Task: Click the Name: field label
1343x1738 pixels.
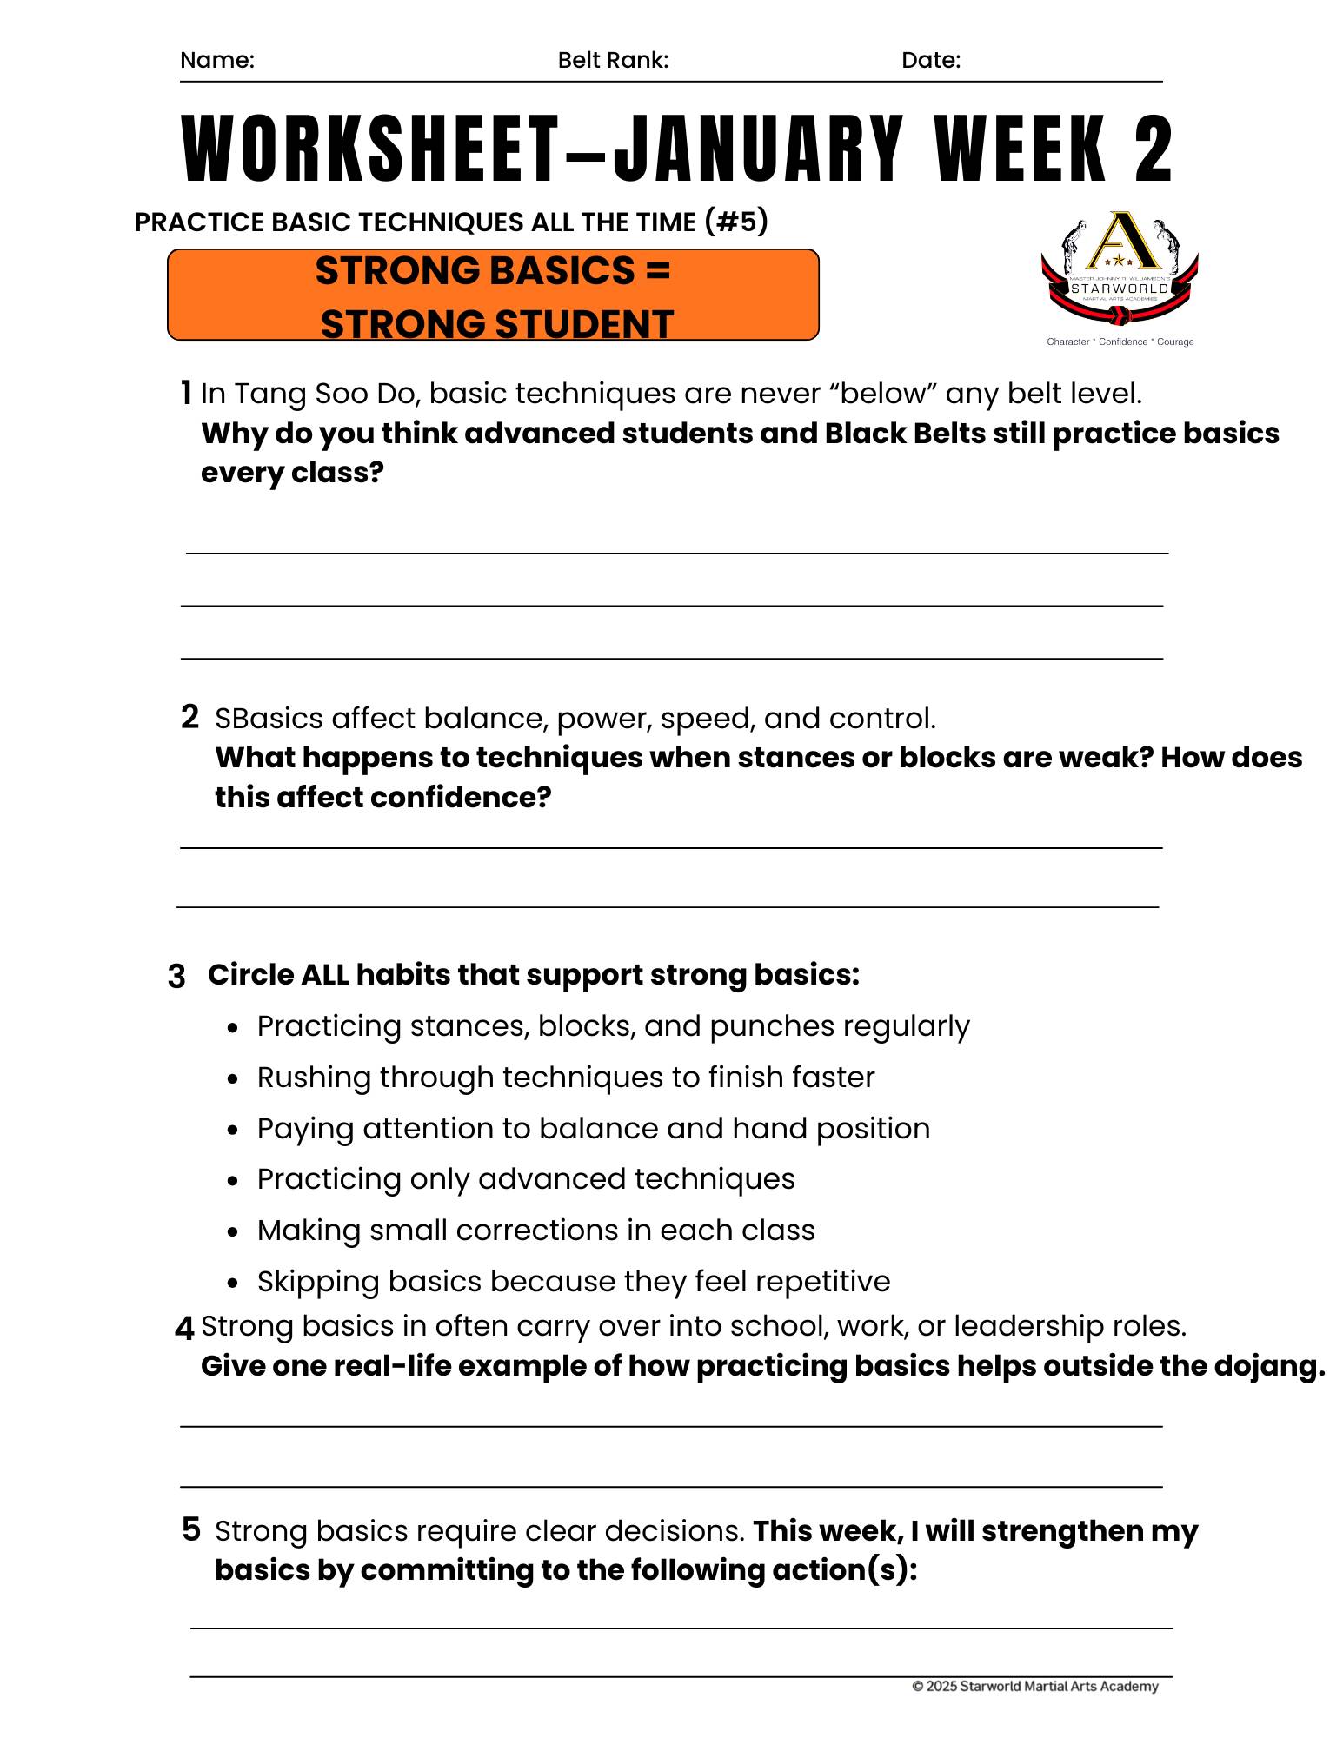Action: coord(216,60)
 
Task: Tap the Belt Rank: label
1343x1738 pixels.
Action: coord(613,60)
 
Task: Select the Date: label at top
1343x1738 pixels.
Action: coord(930,60)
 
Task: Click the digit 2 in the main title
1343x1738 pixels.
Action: coord(1153,149)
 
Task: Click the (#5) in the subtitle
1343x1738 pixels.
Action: coord(736,222)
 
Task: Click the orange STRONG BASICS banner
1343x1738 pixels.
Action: coord(493,295)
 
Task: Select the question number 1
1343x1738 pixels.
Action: coord(185,393)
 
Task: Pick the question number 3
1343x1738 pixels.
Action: coord(176,977)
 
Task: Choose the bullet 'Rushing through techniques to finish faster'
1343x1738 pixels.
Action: coord(565,1078)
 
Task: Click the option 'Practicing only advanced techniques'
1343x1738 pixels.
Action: coord(525,1179)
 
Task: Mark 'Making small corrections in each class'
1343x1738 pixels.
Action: coord(535,1231)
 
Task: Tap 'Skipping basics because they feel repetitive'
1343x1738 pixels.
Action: coord(573,1282)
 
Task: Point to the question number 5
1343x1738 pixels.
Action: coord(191,1529)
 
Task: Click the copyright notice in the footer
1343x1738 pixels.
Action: coord(1034,1687)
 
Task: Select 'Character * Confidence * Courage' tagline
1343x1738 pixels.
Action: coord(1120,342)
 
